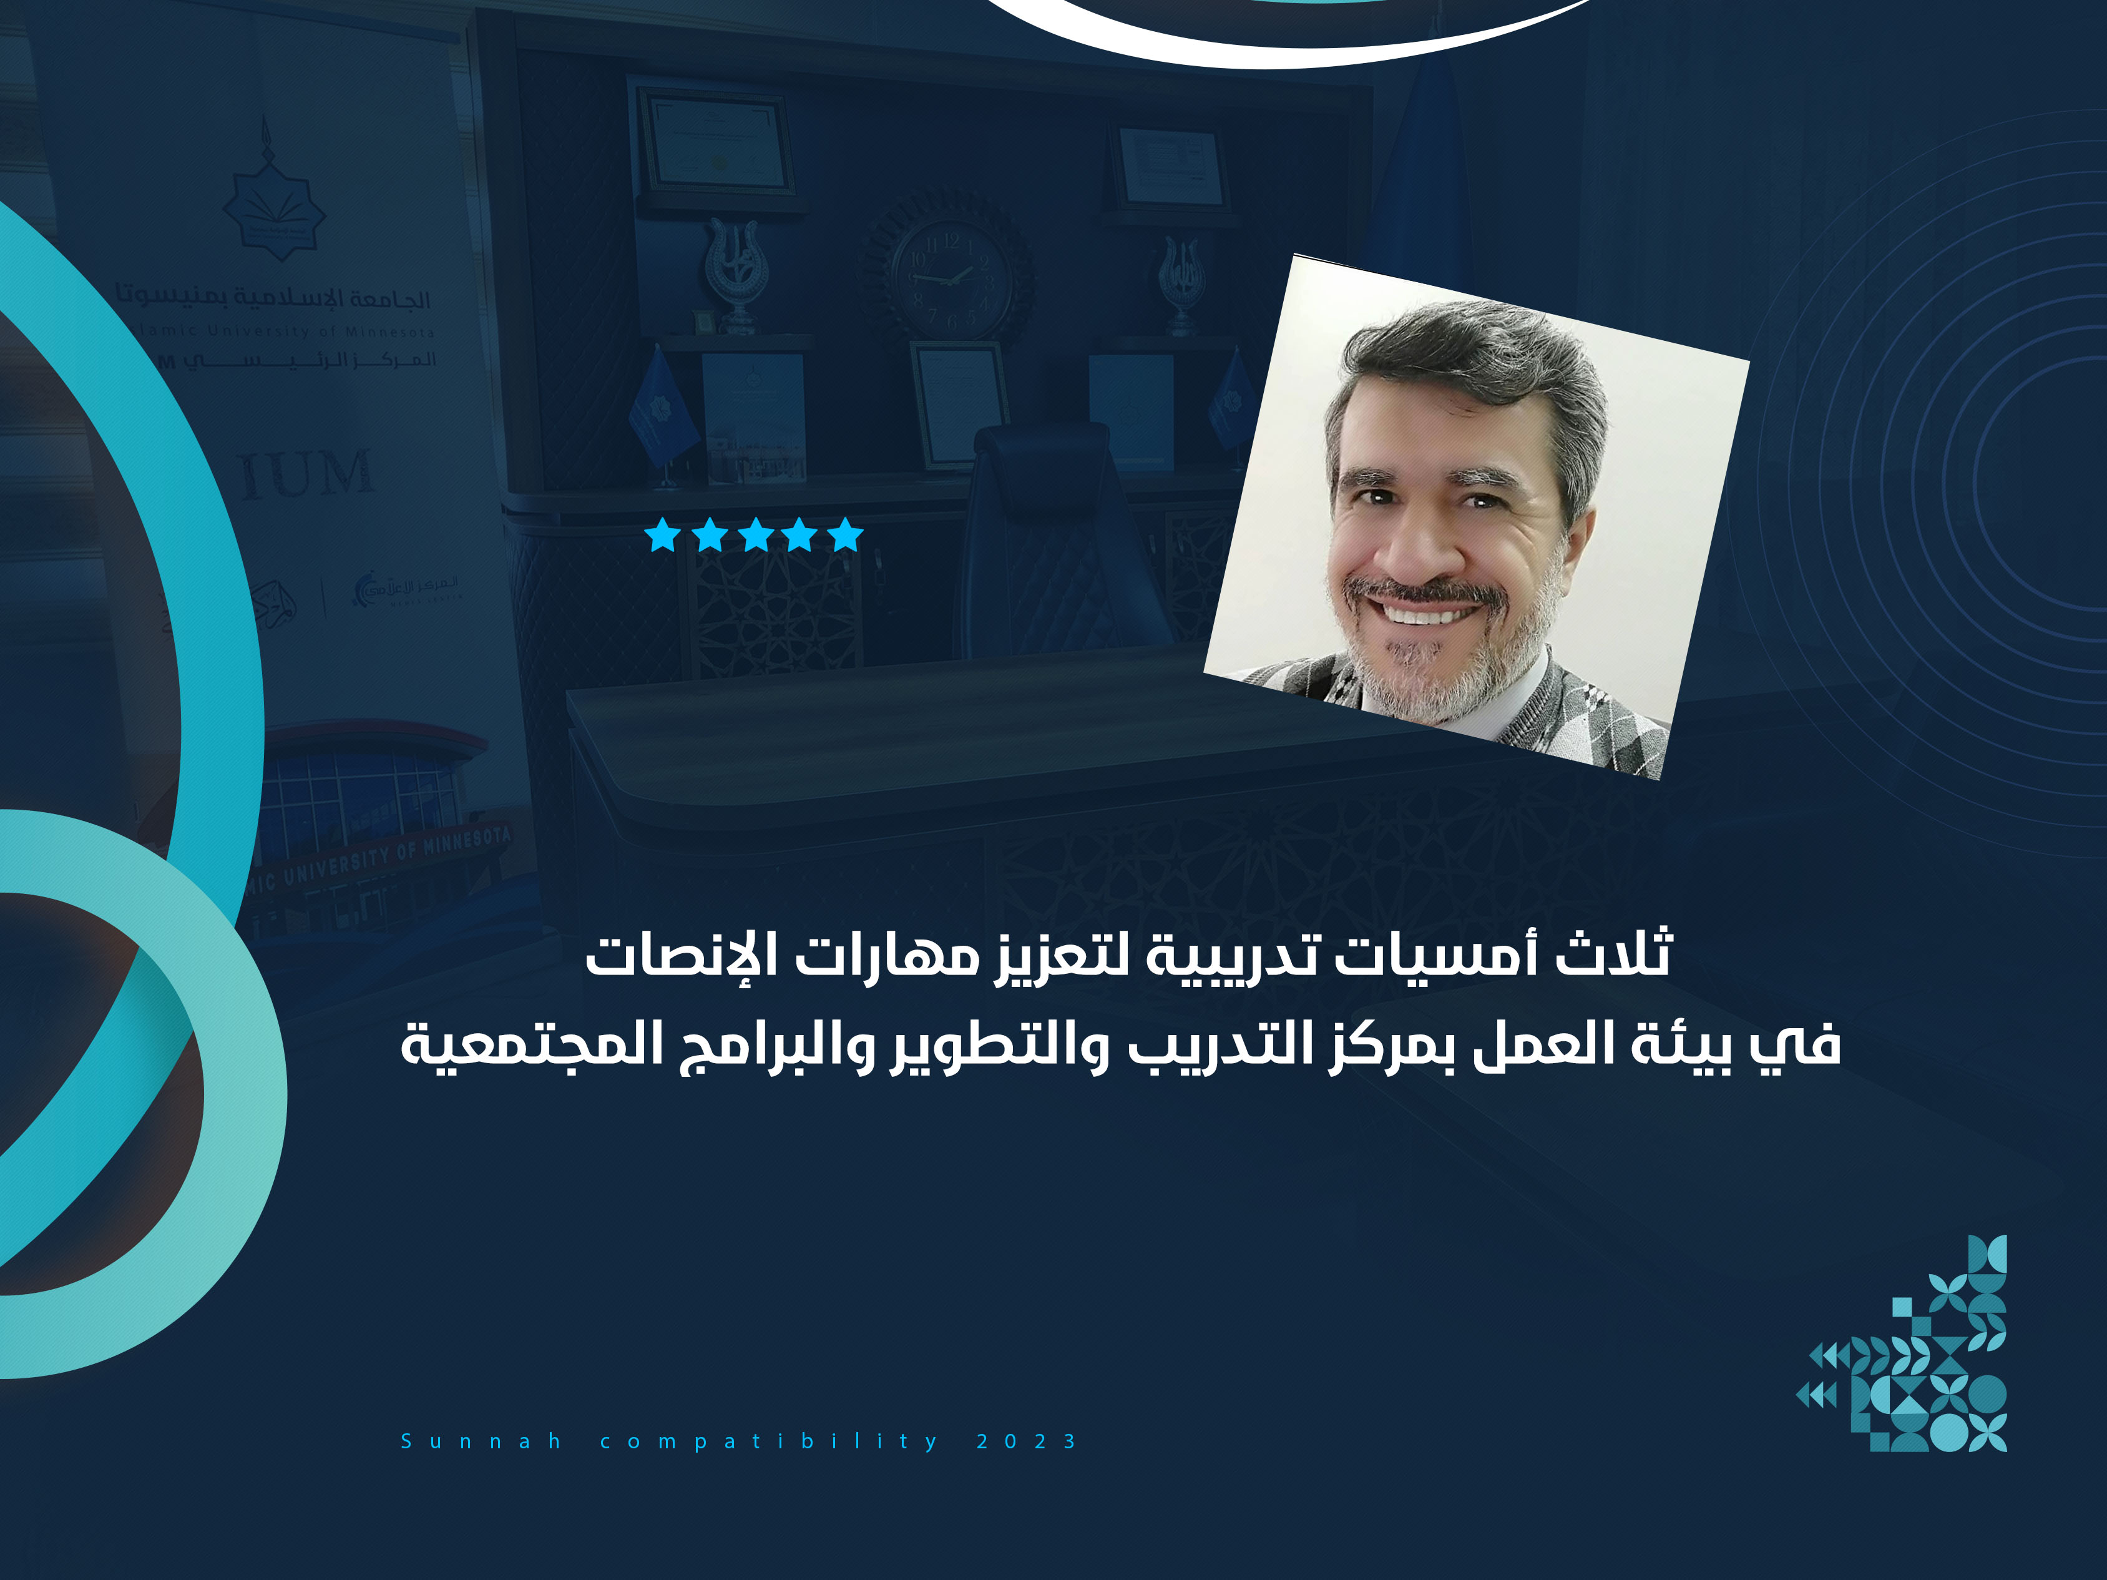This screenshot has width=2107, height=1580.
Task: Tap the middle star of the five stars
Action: click(x=755, y=536)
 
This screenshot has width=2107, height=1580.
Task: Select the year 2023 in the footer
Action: click(x=1026, y=1441)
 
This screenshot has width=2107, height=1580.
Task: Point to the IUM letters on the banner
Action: click(x=305, y=474)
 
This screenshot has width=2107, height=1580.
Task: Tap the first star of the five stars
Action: click(x=662, y=536)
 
